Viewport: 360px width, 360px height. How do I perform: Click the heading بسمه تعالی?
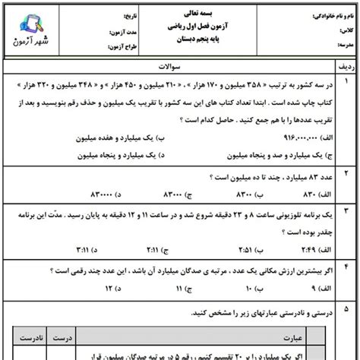tap(180, 13)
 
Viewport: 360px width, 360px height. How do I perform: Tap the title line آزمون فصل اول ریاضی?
tap(180, 27)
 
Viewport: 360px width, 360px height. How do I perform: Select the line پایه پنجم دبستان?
tap(180, 41)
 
